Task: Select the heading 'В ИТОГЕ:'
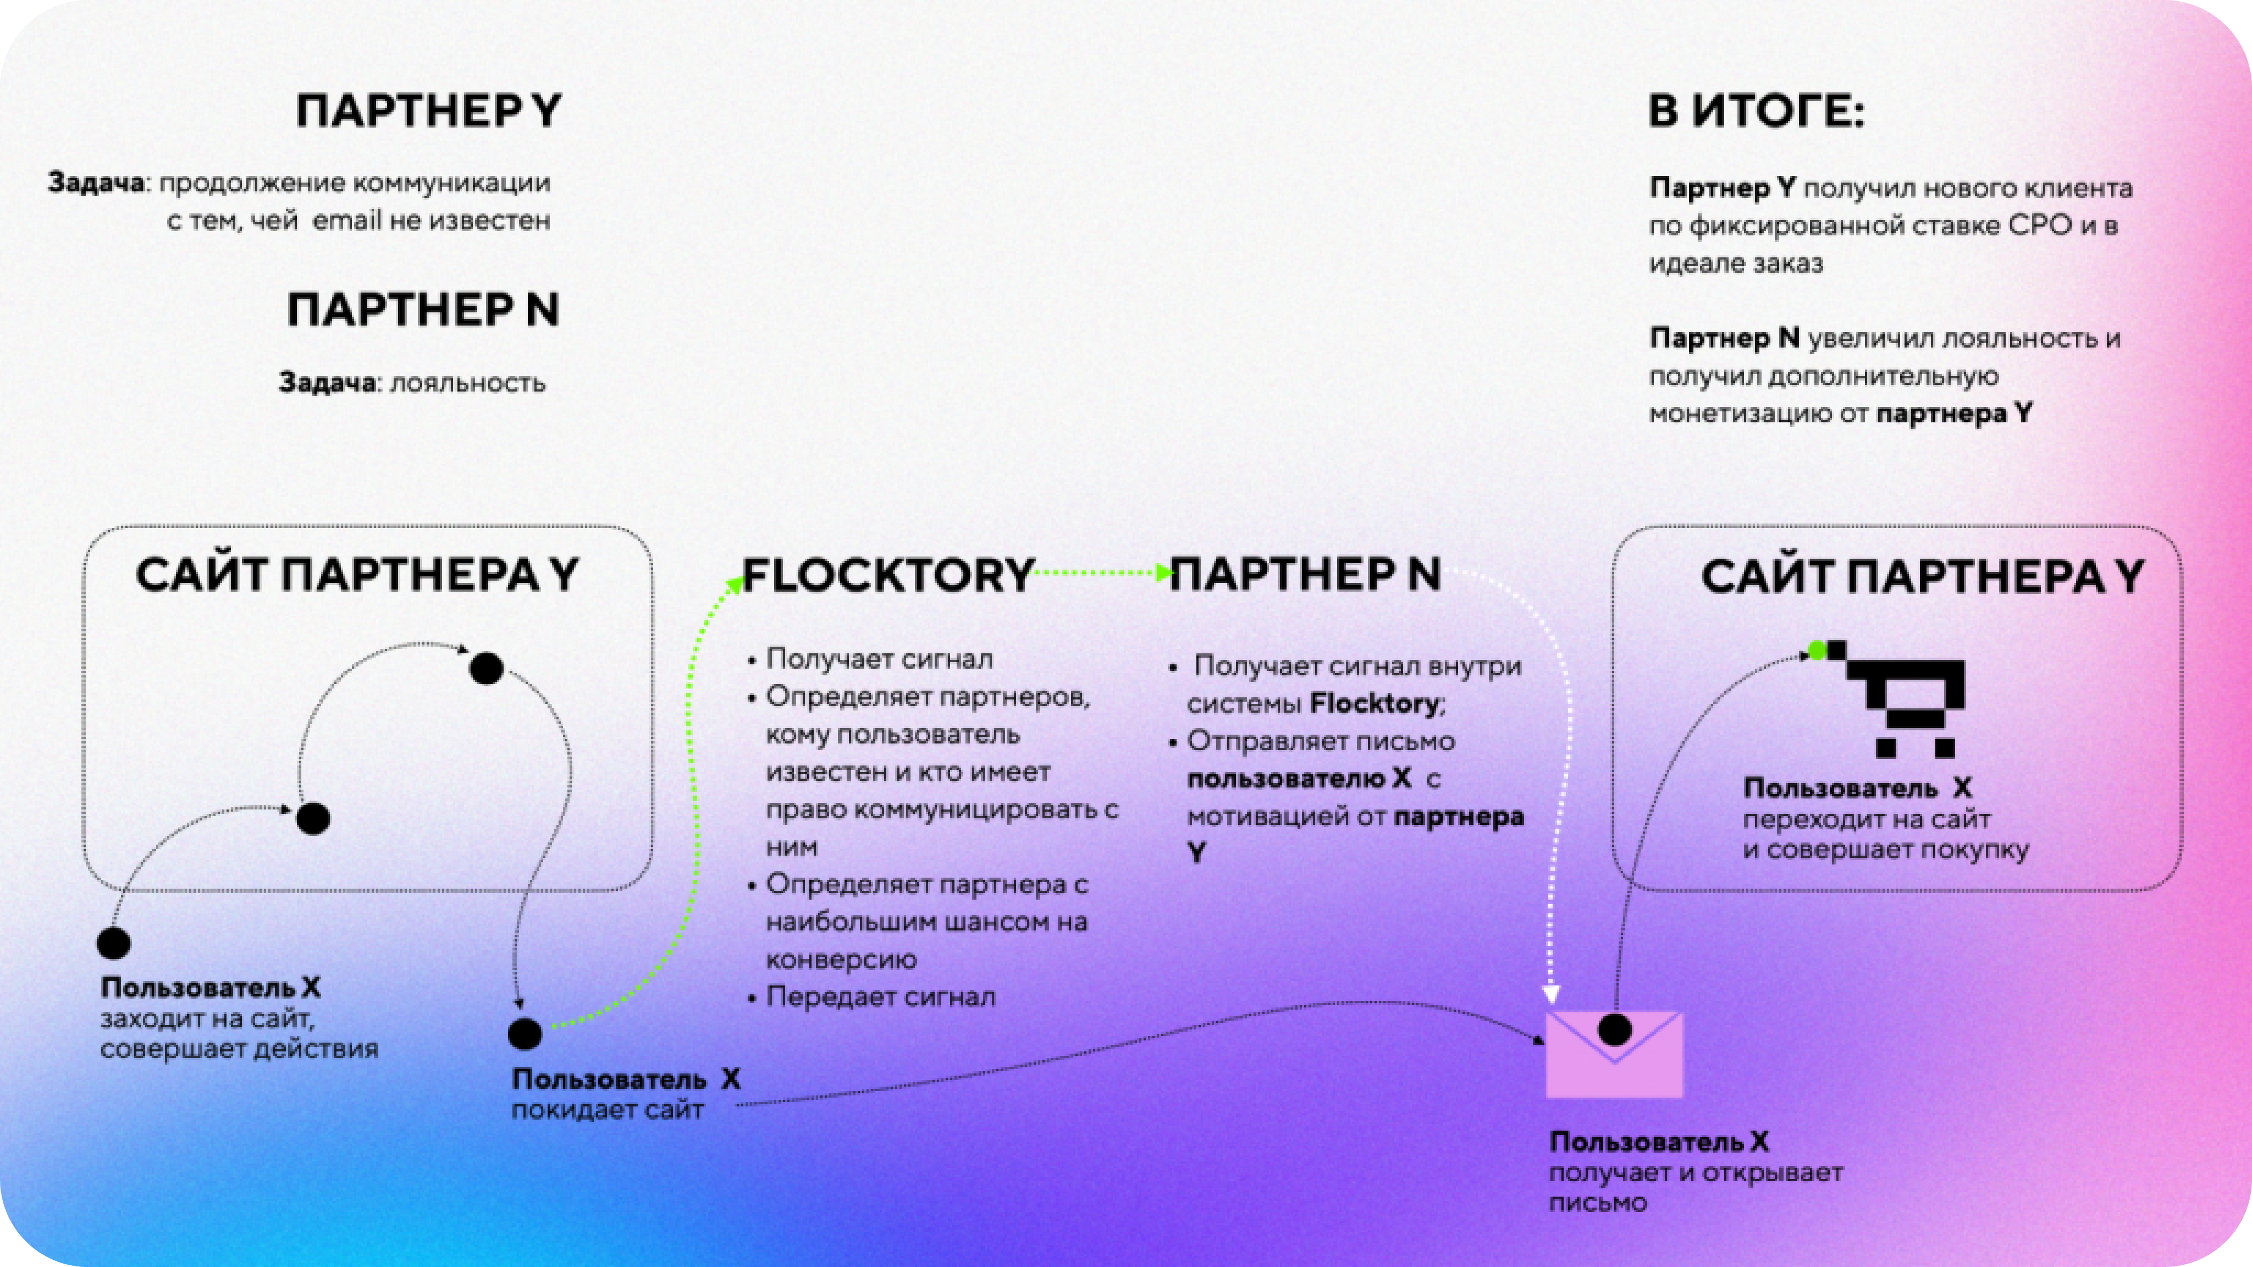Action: (1756, 112)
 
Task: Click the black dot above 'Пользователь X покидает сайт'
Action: (525, 1033)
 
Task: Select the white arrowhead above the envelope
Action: (1551, 994)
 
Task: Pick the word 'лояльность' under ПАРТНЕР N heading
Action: (468, 383)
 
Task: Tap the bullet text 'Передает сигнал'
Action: (880, 997)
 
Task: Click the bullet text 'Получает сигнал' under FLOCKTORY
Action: (879, 658)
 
